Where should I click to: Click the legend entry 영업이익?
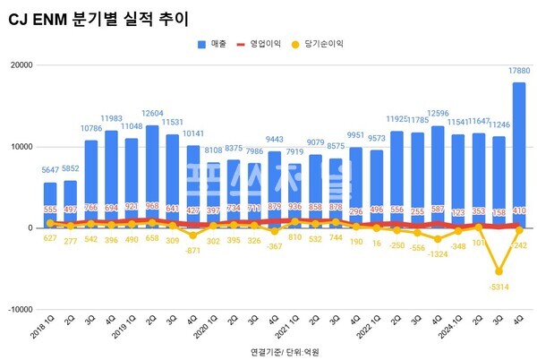coord(274,43)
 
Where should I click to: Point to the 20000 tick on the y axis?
coord(20,65)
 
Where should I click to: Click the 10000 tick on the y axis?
coord(20,147)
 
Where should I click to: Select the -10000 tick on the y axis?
coord(18,310)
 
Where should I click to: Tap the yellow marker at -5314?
coord(499,271)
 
